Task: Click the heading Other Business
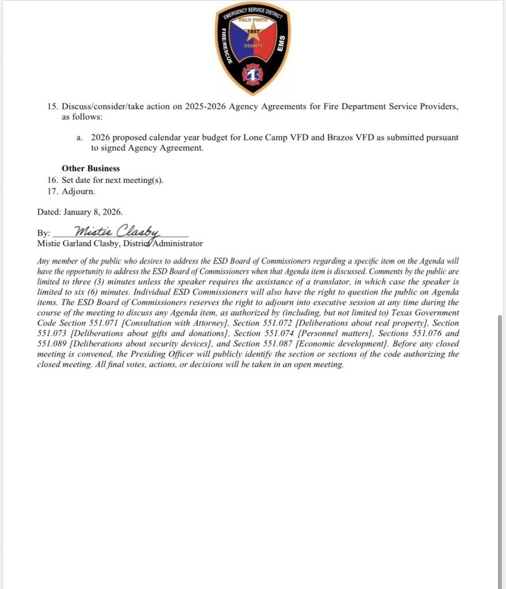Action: pyautogui.click(x=91, y=169)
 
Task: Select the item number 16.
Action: pyautogui.click(x=52, y=180)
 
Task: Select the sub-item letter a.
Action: pyautogui.click(x=79, y=138)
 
